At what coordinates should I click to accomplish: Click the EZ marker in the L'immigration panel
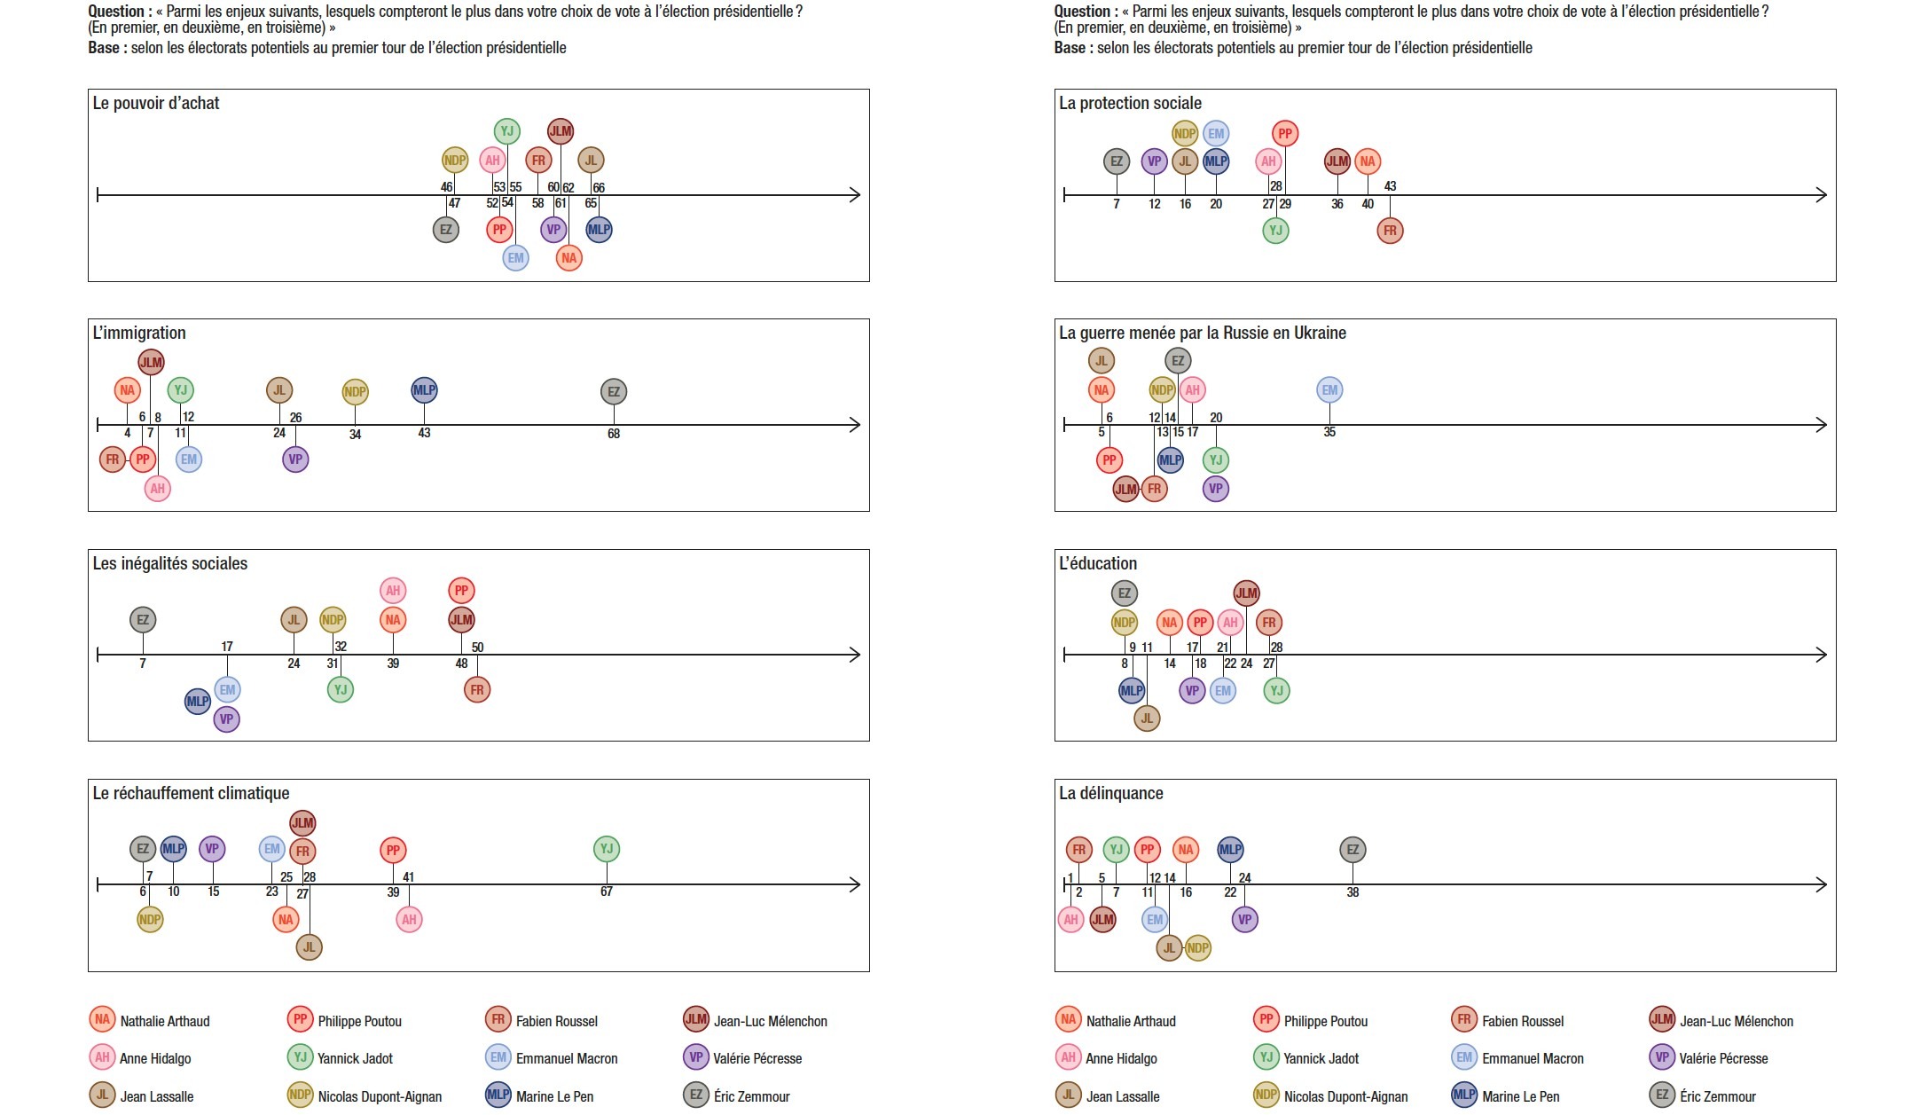coord(614,391)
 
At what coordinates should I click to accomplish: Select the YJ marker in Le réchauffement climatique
coord(607,849)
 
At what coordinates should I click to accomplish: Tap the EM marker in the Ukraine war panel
coord(1329,389)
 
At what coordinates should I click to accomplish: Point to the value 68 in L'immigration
coord(614,434)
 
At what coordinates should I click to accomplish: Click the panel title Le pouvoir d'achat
coord(156,103)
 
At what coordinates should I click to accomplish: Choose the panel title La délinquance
coord(1110,793)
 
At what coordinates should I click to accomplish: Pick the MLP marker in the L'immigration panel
coord(424,389)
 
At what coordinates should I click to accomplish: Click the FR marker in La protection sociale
coord(1390,231)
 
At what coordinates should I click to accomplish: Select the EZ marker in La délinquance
coord(1353,850)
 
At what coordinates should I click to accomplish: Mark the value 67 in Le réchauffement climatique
coord(607,891)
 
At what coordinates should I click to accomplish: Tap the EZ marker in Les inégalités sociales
coord(143,620)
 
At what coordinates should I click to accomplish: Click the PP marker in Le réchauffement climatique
coord(393,851)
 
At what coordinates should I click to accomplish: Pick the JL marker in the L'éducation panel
coord(1147,718)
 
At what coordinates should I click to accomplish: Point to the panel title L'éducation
coord(1098,563)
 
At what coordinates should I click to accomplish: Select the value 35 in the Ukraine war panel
coord(1329,432)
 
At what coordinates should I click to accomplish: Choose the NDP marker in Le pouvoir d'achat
coord(455,161)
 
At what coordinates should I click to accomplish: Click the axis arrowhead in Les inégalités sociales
coord(857,655)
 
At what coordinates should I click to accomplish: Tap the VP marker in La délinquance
coord(1245,920)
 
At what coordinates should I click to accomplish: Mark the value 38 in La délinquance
coord(1353,892)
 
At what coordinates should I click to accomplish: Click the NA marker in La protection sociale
coord(1368,161)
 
